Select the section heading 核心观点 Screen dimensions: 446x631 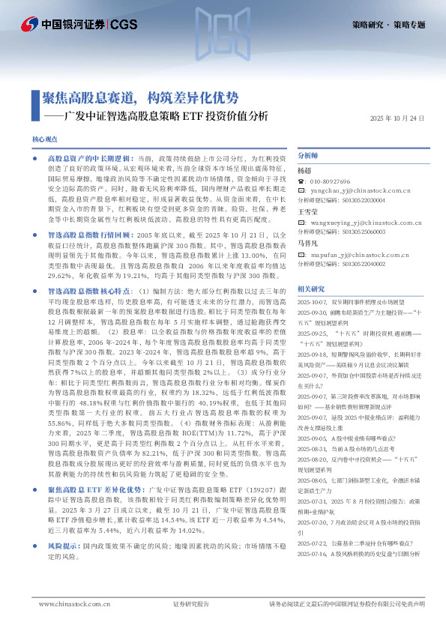click(x=46, y=140)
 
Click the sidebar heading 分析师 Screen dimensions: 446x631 click(x=308, y=156)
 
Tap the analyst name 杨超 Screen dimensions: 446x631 click(x=304, y=171)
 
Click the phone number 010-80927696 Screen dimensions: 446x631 click(x=330, y=181)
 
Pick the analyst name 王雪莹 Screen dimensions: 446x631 click(x=308, y=212)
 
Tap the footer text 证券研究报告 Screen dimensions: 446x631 click(x=191, y=603)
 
